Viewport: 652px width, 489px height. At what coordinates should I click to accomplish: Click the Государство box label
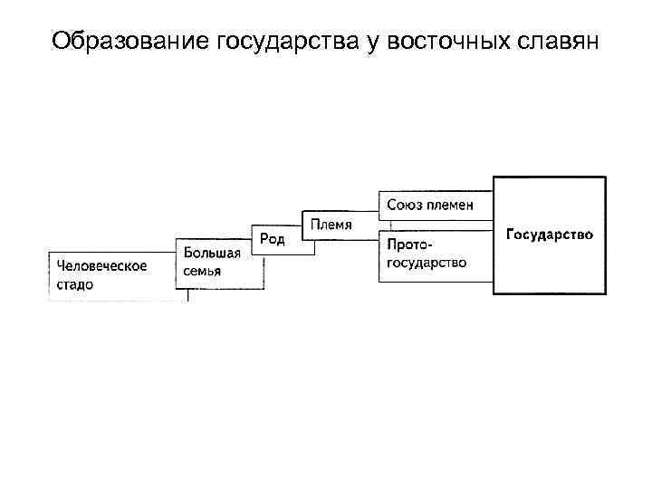(x=549, y=235)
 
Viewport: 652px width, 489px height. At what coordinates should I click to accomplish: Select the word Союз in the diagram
(x=405, y=205)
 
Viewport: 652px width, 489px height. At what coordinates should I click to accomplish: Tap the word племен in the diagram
(x=451, y=205)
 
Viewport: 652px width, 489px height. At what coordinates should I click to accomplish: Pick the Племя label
(x=331, y=224)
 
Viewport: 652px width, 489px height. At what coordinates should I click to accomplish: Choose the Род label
(x=273, y=238)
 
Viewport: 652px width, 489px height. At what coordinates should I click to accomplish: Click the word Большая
(x=212, y=253)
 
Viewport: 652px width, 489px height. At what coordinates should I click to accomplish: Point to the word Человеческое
(x=102, y=265)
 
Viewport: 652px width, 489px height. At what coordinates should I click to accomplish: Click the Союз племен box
(x=436, y=206)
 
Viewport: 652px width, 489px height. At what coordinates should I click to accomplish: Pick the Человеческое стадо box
(x=110, y=274)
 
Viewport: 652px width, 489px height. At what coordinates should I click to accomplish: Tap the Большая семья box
(x=220, y=263)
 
